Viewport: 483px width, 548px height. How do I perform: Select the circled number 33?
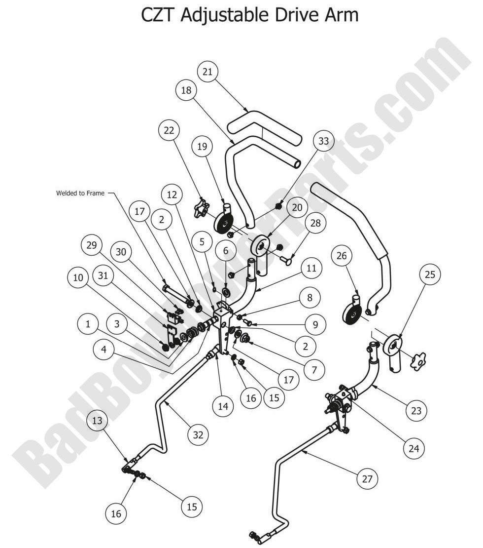click(x=323, y=141)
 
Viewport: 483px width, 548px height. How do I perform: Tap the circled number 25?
click(x=430, y=275)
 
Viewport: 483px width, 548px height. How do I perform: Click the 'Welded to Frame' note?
click(x=80, y=193)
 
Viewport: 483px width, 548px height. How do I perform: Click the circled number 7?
click(x=313, y=367)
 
